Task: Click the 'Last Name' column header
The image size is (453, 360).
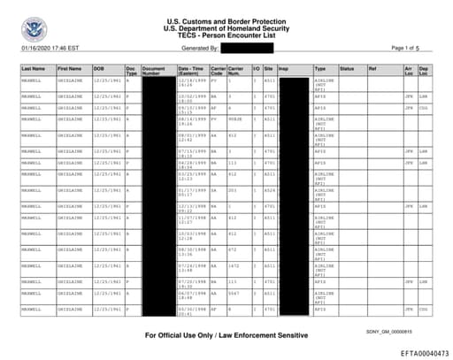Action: tap(34, 67)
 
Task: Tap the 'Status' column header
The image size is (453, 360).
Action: tap(347, 67)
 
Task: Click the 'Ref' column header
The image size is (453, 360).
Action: tap(372, 67)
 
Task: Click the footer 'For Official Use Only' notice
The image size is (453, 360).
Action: tap(226, 336)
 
